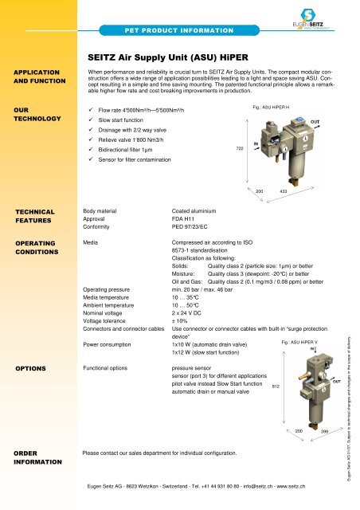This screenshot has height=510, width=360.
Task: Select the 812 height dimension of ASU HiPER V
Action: click(x=276, y=386)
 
